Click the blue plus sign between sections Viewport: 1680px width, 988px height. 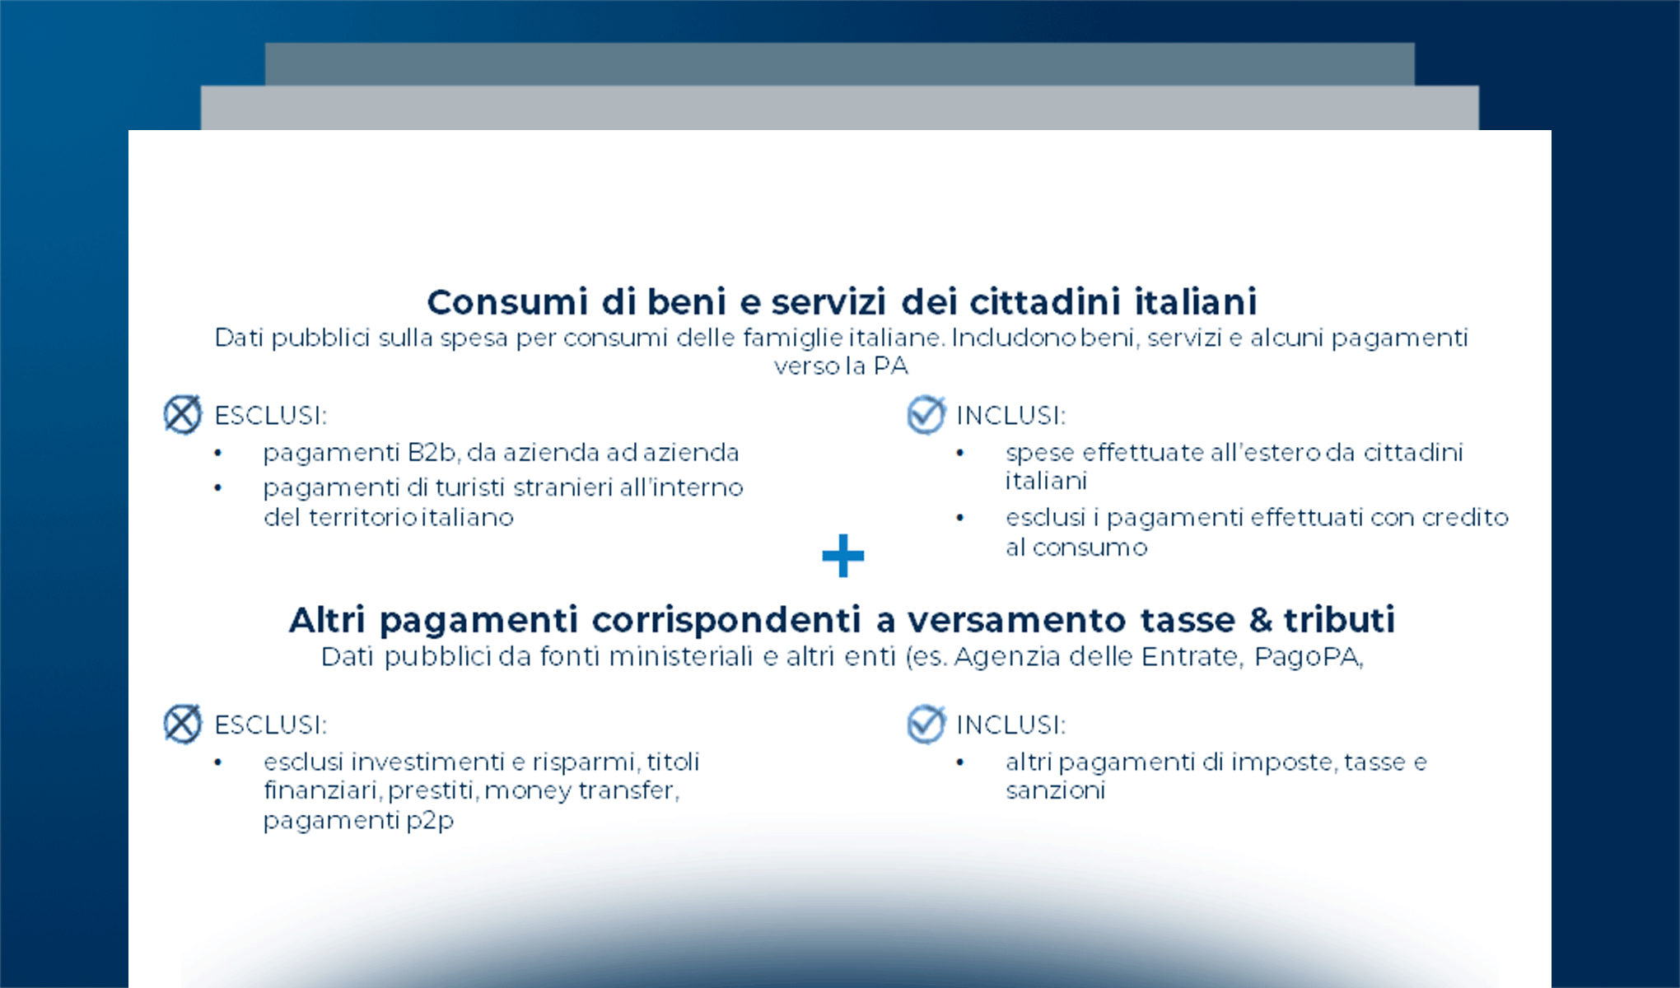coord(842,556)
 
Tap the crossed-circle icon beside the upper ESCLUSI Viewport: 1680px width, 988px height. coord(182,414)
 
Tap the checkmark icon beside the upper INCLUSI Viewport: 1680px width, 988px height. coord(926,414)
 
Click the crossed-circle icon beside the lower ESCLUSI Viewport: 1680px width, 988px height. coord(182,724)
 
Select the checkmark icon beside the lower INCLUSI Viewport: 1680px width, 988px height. coord(926,724)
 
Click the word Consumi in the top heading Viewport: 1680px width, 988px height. coord(507,302)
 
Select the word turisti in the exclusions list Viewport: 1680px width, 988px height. coord(469,487)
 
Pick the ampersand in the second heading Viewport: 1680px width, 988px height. coord(1260,620)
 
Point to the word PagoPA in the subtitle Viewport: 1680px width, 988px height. coord(1308,657)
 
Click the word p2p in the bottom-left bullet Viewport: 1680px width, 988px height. coord(430,821)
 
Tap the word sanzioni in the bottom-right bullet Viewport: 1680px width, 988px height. coord(1055,790)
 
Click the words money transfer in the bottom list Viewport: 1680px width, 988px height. coord(581,790)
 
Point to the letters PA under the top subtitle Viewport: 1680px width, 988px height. coord(890,366)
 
